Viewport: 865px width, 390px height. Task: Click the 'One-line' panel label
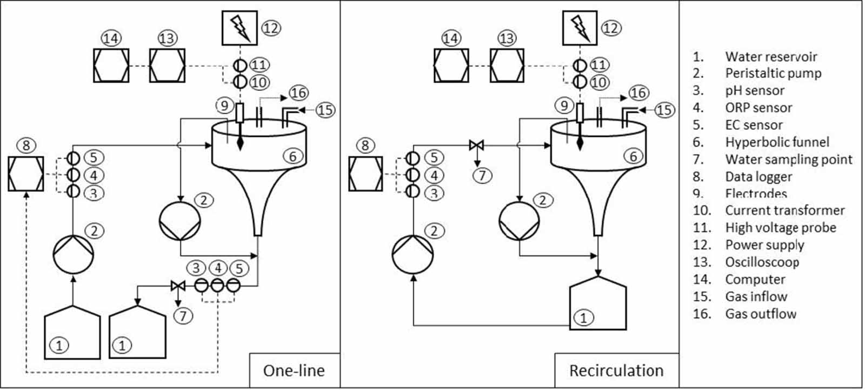pos(294,371)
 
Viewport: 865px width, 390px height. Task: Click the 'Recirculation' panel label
pos(616,371)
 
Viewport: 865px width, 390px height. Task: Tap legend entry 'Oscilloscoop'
pos(762,262)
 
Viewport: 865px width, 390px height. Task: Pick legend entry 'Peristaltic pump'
pos(773,74)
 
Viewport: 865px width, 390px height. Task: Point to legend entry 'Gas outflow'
pos(760,314)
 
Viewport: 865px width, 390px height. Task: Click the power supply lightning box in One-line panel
pos(239,28)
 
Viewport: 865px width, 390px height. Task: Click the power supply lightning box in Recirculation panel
pos(580,28)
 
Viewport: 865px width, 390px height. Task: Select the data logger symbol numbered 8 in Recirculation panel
pos(365,174)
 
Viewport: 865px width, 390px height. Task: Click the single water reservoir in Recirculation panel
pos(598,303)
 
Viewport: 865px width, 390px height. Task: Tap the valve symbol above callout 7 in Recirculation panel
pos(476,145)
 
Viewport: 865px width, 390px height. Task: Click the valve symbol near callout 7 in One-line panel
pos(177,285)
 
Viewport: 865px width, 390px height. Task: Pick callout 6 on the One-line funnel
pos(292,157)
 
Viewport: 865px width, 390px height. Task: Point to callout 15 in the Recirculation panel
pos(664,110)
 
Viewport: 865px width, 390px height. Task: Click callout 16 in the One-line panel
pos(298,93)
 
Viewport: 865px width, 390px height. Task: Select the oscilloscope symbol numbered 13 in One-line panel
pos(167,65)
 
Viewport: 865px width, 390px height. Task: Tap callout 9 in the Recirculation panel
pos(564,105)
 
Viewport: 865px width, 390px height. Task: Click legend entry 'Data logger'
pos(758,177)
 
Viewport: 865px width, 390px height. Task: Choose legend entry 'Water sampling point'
pos(788,160)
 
